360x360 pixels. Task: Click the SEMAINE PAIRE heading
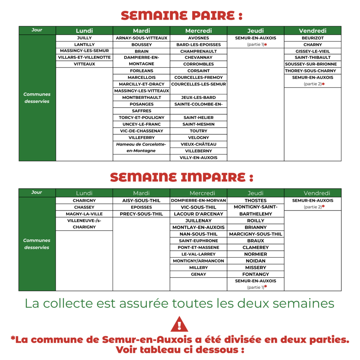tap(181, 15)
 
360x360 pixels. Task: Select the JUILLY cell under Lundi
tap(84, 38)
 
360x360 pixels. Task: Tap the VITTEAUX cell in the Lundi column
tap(84, 64)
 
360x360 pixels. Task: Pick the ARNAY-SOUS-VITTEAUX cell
tap(141, 38)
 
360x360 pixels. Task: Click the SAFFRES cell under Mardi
tap(141, 111)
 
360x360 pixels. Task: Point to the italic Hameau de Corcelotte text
tap(141, 144)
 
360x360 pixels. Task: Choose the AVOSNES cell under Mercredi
tap(198, 38)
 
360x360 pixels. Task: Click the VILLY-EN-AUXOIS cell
tap(198, 158)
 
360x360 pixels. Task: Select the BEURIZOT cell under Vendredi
tap(313, 38)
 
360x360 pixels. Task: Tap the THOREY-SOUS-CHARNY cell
tap(313, 71)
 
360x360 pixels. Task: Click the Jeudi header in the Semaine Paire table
tap(256, 31)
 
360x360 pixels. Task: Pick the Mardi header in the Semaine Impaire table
tap(141, 193)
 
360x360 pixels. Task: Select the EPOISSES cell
tap(141, 207)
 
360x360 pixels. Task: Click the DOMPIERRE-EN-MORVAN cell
tap(198, 201)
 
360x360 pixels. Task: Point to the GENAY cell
tap(198, 274)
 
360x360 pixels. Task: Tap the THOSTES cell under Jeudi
tap(256, 201)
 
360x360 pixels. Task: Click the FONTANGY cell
tap(256, 274)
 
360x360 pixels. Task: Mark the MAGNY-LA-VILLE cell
tap(84, 214)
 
